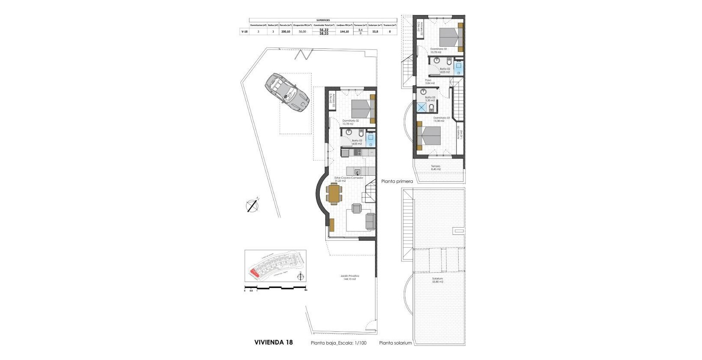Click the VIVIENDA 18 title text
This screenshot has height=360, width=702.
click(x=273, y=342)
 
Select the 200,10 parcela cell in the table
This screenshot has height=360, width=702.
click(x=285, y=31)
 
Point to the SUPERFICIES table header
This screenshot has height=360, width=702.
click(x=323, y=20)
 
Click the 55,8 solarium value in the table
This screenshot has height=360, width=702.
click(x=375, y=31)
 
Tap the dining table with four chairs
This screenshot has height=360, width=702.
click(x=334, y=194)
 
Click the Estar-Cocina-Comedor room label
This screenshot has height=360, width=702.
click(x=349, y=178)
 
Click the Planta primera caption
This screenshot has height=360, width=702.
click(x=397, y=181)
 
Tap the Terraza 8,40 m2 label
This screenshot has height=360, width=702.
click(x=435, y=167)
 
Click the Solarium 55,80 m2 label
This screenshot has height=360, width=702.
click(x=437, y=280)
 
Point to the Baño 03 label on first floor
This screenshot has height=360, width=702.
click(x=429, y=98)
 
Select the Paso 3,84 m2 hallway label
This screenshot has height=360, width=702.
click(x=429, y=81)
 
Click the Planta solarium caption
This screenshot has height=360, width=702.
click(x=395, y=343)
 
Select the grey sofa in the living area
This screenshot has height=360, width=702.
click(x=370, y=221)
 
